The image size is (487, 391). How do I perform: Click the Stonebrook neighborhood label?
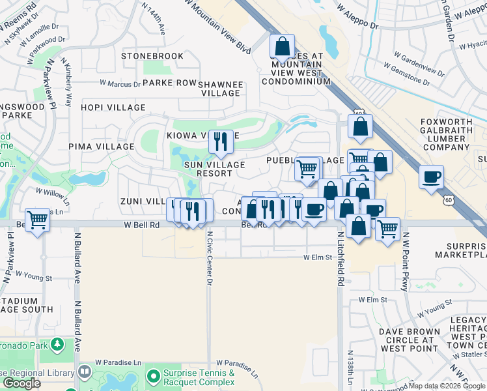[152, 56]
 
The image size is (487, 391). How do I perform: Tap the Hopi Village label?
[113, 108]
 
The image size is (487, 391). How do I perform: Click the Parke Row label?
[169, 83]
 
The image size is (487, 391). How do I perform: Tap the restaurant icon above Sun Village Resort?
[221, 141]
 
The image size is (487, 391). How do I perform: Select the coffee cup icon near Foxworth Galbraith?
[431, 177]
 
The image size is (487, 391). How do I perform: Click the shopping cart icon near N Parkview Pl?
[38, 218]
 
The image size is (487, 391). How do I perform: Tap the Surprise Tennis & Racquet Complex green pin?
[153, 376]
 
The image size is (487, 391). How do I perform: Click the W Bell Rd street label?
[141, 224]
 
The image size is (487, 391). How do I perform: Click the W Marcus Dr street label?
[120, 83]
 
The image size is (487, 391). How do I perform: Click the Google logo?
[21, 383]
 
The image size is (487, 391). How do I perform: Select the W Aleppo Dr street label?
[358, 18]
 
